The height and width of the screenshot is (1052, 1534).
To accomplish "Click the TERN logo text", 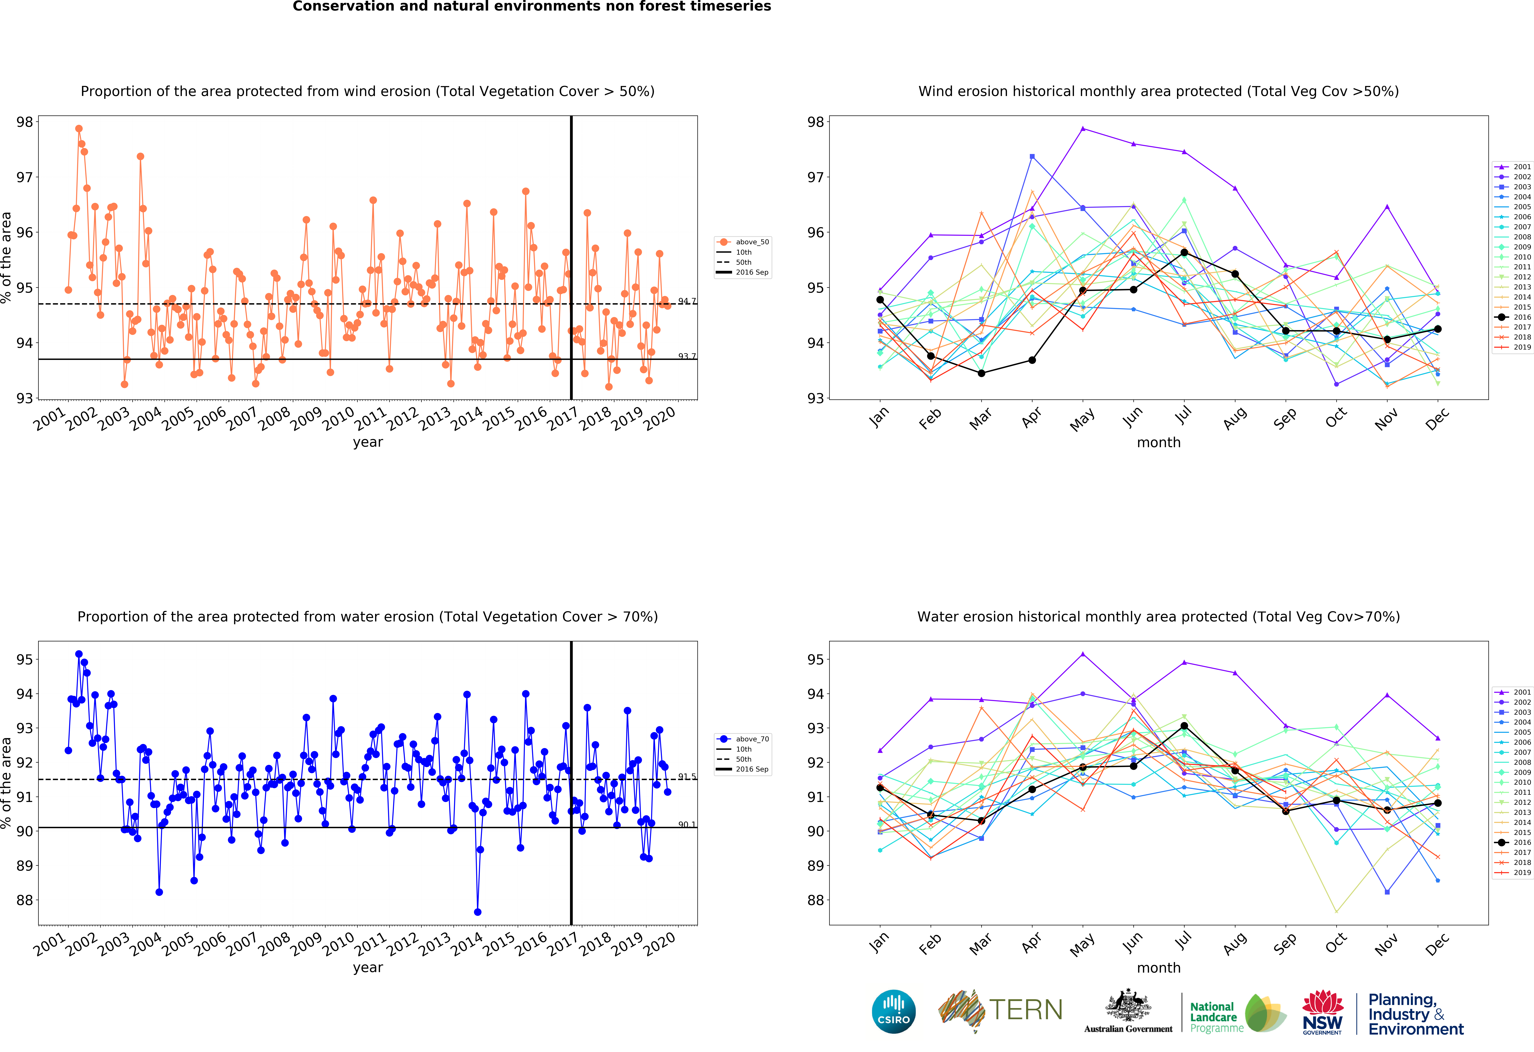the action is coord(1026,1010).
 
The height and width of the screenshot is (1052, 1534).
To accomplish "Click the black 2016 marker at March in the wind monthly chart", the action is coord(981,373).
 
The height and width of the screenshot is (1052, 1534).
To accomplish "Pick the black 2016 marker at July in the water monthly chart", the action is coord(1184,726).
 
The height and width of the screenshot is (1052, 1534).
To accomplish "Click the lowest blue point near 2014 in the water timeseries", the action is coord(477,912).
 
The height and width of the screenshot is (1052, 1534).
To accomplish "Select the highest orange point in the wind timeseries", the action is coord(79,129).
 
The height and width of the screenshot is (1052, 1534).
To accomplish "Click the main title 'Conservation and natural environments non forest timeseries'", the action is coord(532,7).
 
